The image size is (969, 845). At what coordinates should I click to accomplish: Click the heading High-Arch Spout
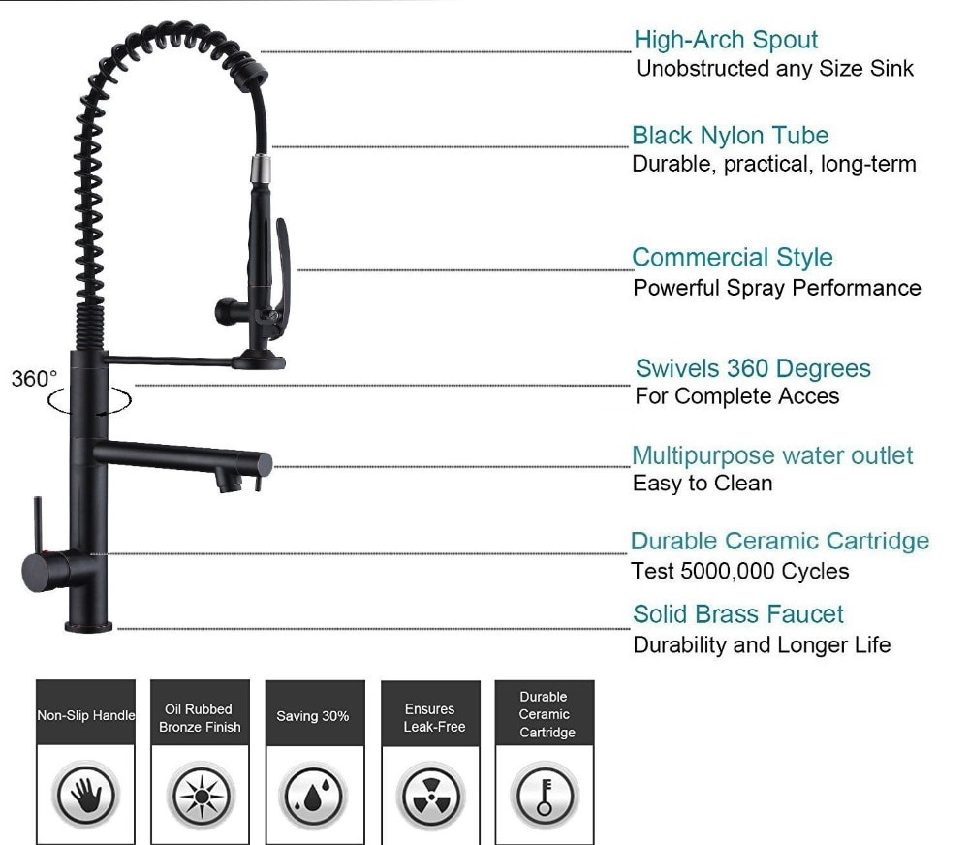[726, 41]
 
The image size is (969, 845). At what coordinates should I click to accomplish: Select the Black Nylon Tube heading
[730, 136]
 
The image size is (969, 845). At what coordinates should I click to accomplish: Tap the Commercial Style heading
[732, 258]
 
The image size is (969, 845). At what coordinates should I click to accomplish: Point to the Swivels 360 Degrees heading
[753, 369]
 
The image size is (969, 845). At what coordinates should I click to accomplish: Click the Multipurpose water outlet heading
[772, 455]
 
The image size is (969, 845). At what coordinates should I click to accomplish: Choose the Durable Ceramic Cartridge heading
[779, 541]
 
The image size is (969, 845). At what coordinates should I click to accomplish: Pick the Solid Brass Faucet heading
[737, 614]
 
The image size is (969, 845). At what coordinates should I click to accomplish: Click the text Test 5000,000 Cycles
[739, 572]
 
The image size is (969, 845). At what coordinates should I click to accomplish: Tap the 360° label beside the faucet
[35, 379]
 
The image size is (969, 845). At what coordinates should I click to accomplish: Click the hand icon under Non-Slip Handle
[85, 796]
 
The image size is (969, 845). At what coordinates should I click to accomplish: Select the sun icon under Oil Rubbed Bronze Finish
[202, 797]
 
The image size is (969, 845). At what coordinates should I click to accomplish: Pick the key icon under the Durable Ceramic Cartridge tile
[545, 797]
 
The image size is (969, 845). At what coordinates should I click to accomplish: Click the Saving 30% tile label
[313, 716]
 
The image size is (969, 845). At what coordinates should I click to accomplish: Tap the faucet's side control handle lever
[37, 522]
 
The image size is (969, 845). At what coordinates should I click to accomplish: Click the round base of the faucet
[89, 625]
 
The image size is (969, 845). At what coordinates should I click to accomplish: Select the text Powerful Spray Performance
[776, 288]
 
